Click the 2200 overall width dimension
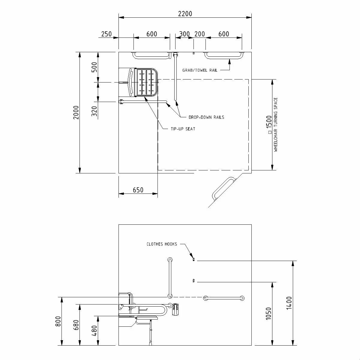(x=185, y=13)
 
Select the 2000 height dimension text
(x=76, y=112)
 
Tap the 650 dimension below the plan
(x=138, y=190)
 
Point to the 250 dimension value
(x=106, y=34)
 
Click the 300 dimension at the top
(x=184, y=34)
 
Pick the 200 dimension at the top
(x=199, y=34)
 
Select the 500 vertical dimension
(x=94, y=68)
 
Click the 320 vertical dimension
(x=94, y=112)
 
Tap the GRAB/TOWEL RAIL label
(x=200, y=70)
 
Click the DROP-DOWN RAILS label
(x=206, y=117)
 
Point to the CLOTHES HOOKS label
(x=162, y=244)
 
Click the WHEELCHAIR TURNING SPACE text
(x=276, y=124)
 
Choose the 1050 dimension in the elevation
(x=268, y=314)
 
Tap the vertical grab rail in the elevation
(x=170, y=277)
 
